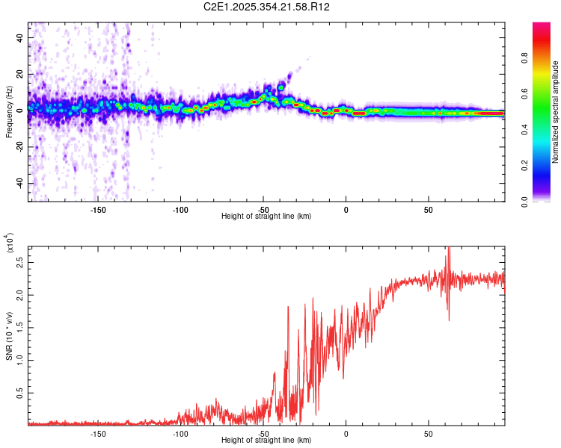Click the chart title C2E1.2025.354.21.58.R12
267,7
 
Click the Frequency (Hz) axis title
9,112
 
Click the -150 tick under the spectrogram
97,209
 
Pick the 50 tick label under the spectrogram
428,209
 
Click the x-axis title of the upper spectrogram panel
266,217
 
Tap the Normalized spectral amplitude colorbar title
556,113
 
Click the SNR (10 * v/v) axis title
9,336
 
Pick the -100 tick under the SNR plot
180,433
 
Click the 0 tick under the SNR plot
346,433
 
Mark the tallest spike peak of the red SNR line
449,249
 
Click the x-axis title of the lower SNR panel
266,441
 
